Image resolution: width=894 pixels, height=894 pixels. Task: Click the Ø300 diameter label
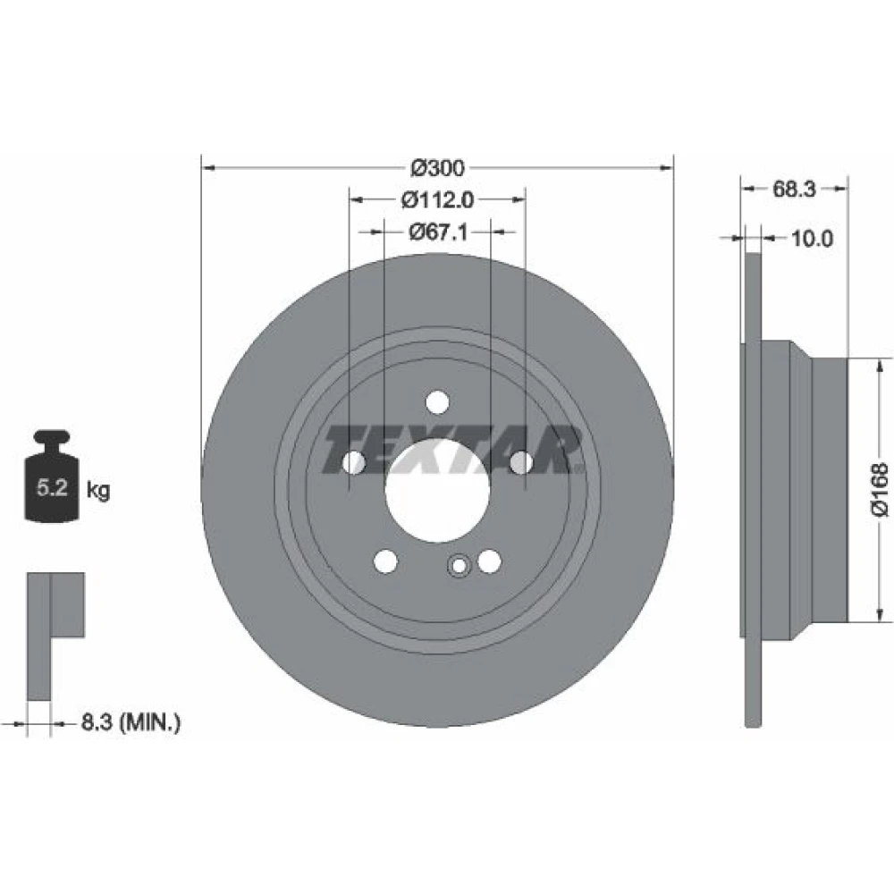[x=437, y=168]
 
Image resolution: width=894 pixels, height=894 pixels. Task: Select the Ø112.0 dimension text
[x=437, y=199]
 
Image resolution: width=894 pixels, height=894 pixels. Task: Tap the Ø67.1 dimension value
[x=438, y=232]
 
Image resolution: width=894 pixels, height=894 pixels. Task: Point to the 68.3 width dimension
[x=794, y=189]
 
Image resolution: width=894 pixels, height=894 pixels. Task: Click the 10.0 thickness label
[x=812, y=239]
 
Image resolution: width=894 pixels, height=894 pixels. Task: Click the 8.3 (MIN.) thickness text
[x=131, y=722]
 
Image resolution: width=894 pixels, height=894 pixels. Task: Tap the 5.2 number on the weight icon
[x=52, y=488]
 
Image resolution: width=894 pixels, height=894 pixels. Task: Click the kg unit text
[x=98, y=490]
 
